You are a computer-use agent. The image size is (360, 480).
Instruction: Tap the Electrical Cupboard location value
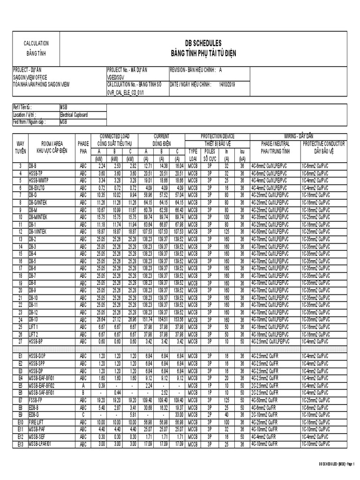(74, 114)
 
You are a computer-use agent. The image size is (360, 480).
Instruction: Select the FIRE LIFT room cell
(38, 421)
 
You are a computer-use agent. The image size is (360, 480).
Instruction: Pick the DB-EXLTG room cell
(38, 187)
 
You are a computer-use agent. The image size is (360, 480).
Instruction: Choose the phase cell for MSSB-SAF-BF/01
(83, 392)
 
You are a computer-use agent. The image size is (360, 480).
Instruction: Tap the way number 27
(20, 341)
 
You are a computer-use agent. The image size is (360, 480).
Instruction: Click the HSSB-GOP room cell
(37, 356)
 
